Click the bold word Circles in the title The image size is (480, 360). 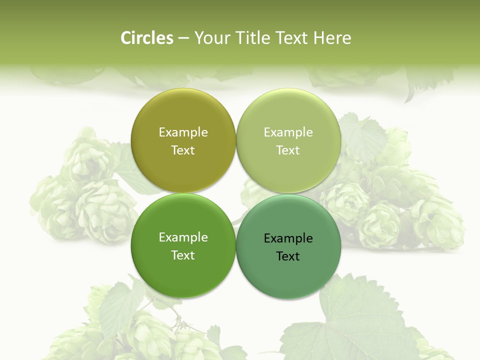click(x=147, y=38)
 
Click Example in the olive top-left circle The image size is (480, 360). click(x=183, y=132)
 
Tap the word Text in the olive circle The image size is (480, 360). click(x=183, y=150)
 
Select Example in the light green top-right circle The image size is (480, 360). click(x=288, y=132)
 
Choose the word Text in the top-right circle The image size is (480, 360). click(x=288, y=150)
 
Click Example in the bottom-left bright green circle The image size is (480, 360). click(x=183, y=237)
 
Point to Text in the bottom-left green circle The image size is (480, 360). click(x=183, y=255)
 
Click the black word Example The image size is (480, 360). click(x=288, y=238)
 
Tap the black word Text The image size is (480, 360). click(x=288, y=256)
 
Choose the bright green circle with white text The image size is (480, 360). click(x=183, y=275)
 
